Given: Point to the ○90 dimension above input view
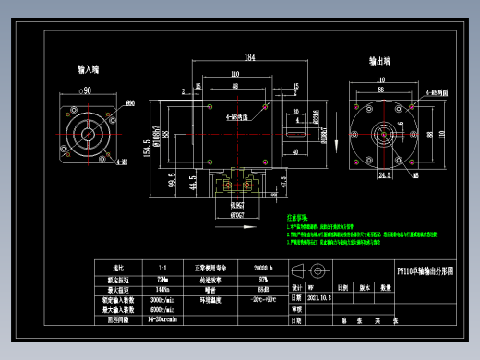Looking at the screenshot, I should (x=85, y=90).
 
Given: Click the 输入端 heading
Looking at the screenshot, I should (x=90, y=68).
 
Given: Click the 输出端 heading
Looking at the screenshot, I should (x=380, y=61).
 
